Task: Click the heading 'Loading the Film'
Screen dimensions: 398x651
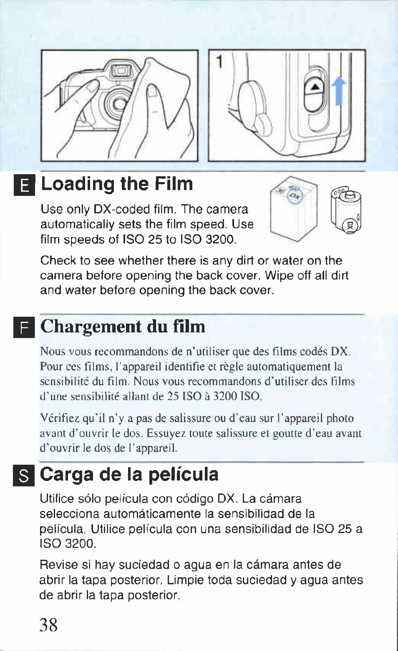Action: point(117,184)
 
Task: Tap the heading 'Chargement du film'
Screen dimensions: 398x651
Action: point(123,327)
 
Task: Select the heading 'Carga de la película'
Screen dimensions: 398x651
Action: point(129,475)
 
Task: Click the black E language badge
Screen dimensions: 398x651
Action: point(24,185)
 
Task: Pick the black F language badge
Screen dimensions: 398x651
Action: point(24,328)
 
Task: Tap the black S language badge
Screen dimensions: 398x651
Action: point(24,476)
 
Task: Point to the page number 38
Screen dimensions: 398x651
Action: point(48,625)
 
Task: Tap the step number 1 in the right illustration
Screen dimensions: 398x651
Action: point(220,62)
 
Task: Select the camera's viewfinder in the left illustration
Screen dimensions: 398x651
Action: point(120,70)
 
